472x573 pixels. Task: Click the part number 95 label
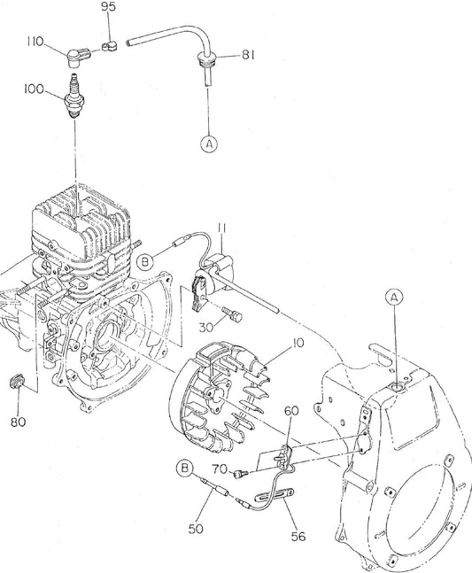click(x=108, y=7)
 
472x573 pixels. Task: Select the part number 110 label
click(x=35, y=42)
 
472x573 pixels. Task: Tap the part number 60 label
click(x=291, y=410)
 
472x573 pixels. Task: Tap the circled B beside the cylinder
click(x=145, y=261)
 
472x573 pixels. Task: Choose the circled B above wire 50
click(x=185, y=467)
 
